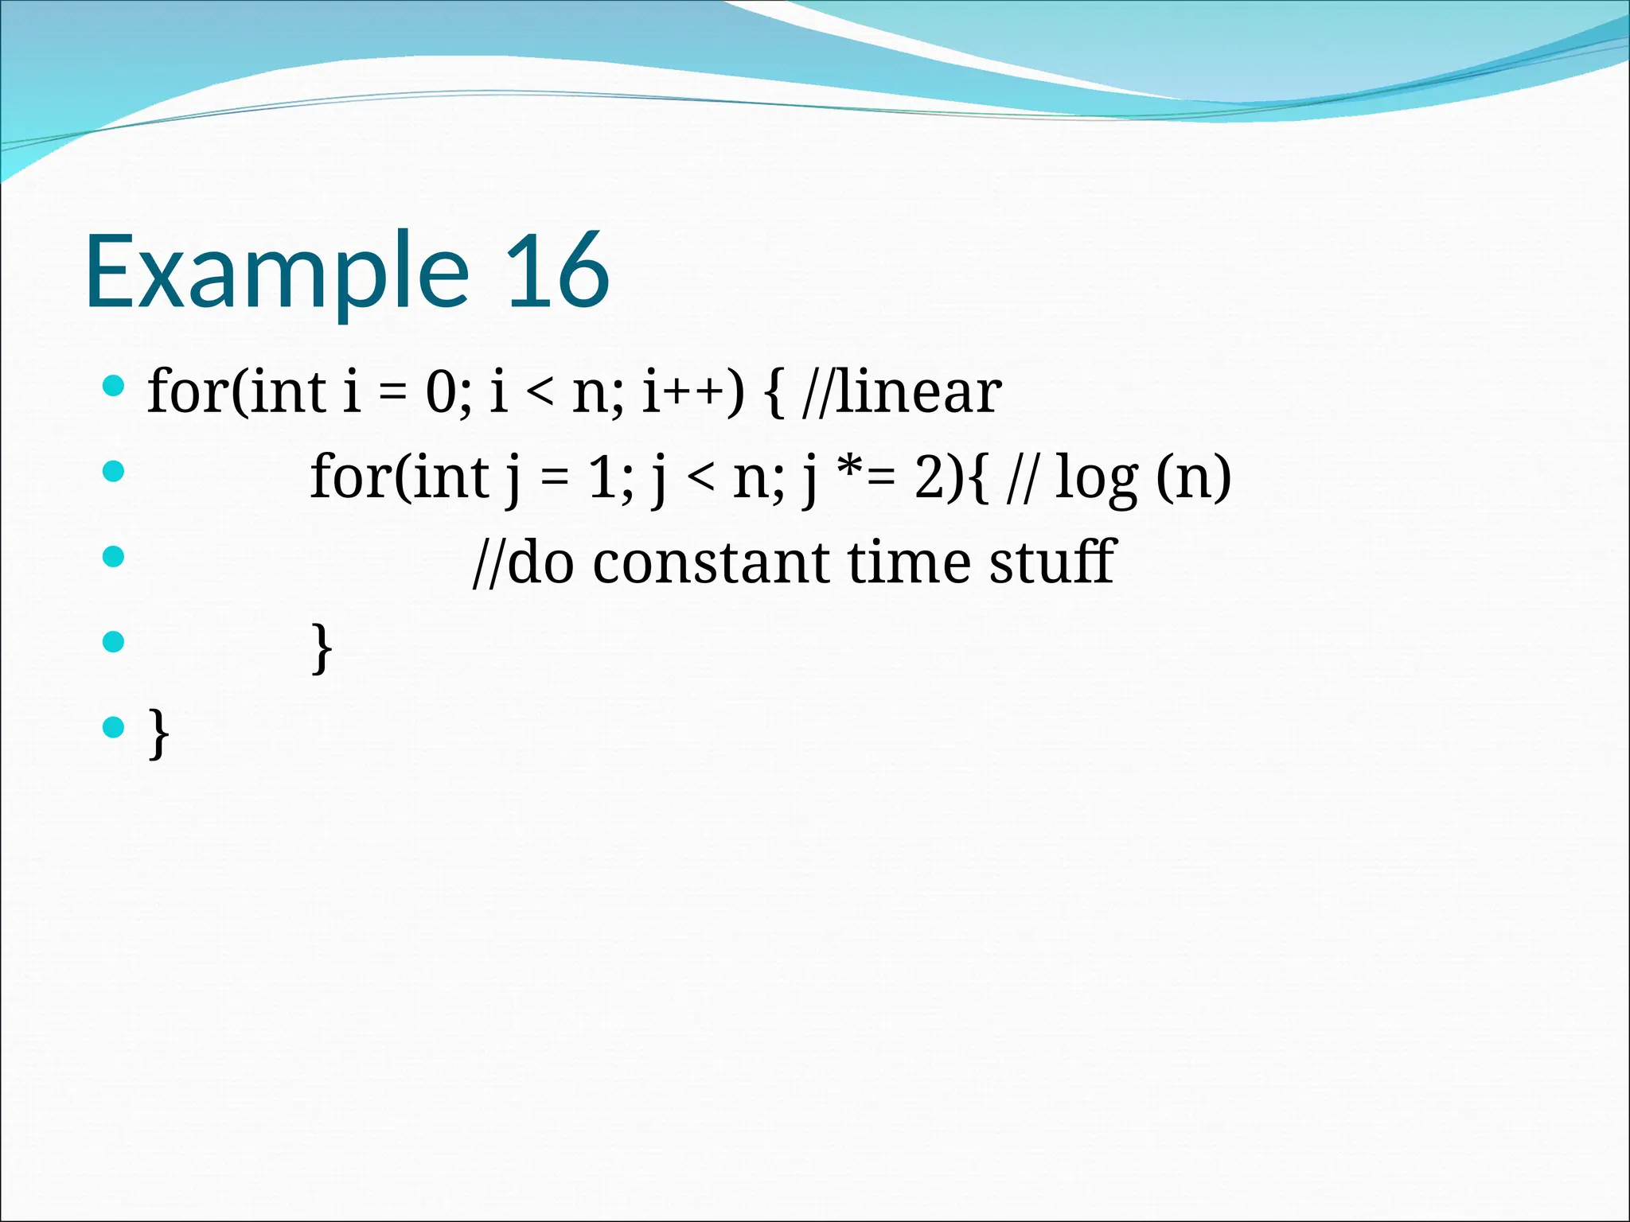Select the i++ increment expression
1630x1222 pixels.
(692, 392)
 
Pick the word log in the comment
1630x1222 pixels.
(1095, 479)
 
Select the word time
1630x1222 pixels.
(909, 562)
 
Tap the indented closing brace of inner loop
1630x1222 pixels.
(321, 648)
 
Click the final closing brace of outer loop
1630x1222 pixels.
(158, 733)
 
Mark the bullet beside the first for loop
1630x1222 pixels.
(114, 387)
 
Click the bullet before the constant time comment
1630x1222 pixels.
(114, 556)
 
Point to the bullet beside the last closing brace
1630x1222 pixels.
(114, 726)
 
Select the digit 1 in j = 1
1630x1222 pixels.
(602, 477)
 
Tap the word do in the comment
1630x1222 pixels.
(540, 562)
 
